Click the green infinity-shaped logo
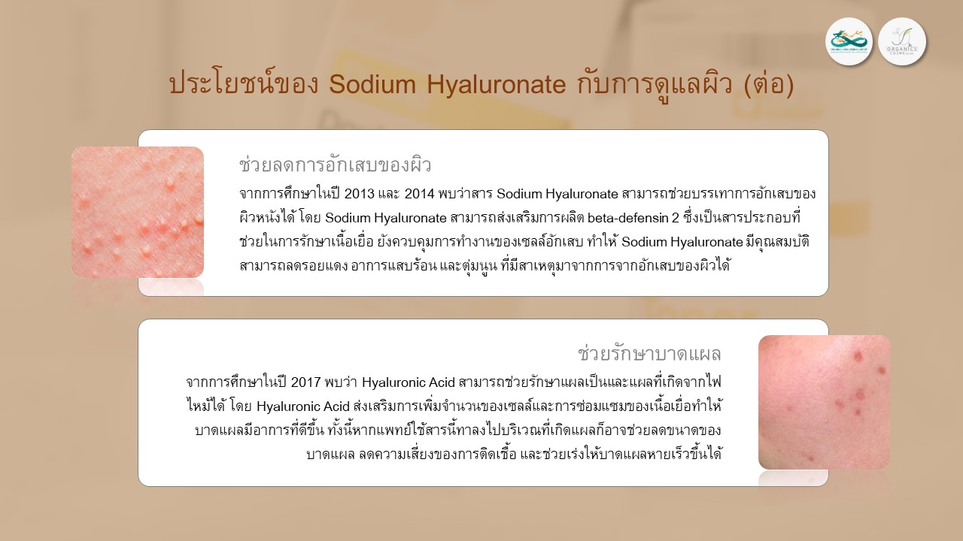coord(849,41)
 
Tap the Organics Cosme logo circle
coord(901,41)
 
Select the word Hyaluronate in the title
coord(496,85)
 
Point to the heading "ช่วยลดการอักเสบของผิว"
coord(336,165)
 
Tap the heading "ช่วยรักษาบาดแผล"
coord(649,353)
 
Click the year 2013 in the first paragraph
coord(360,194)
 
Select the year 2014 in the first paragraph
coord(419,194)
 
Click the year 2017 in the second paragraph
coord(306,382)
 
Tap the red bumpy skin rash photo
coord(138,212)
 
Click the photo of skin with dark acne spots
coord(824,402)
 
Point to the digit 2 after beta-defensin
coord(676,218)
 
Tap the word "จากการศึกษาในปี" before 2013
coord(290,193)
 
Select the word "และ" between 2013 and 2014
coord(390,194)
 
